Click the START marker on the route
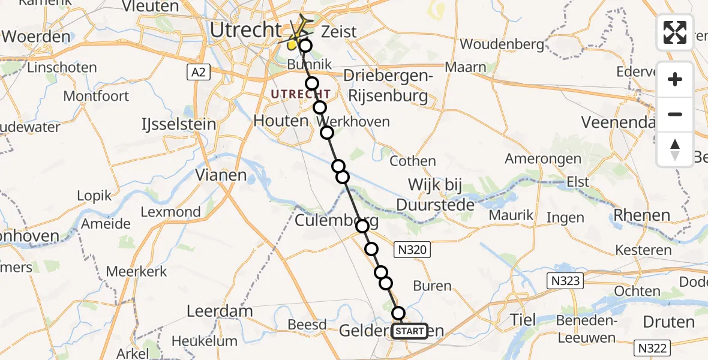(x=410, y=331)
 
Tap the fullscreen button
(x=675, y=32)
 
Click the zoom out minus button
(x=675, y=114)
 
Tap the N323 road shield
(x=564, y=280)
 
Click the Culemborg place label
(x=336, y=221)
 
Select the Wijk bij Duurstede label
(x=436, y=194)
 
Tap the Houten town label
(x=281, y=121)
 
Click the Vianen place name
(x=221, y=175)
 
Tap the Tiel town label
(x=521, y=319)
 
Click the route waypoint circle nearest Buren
(x=386, y=283)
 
